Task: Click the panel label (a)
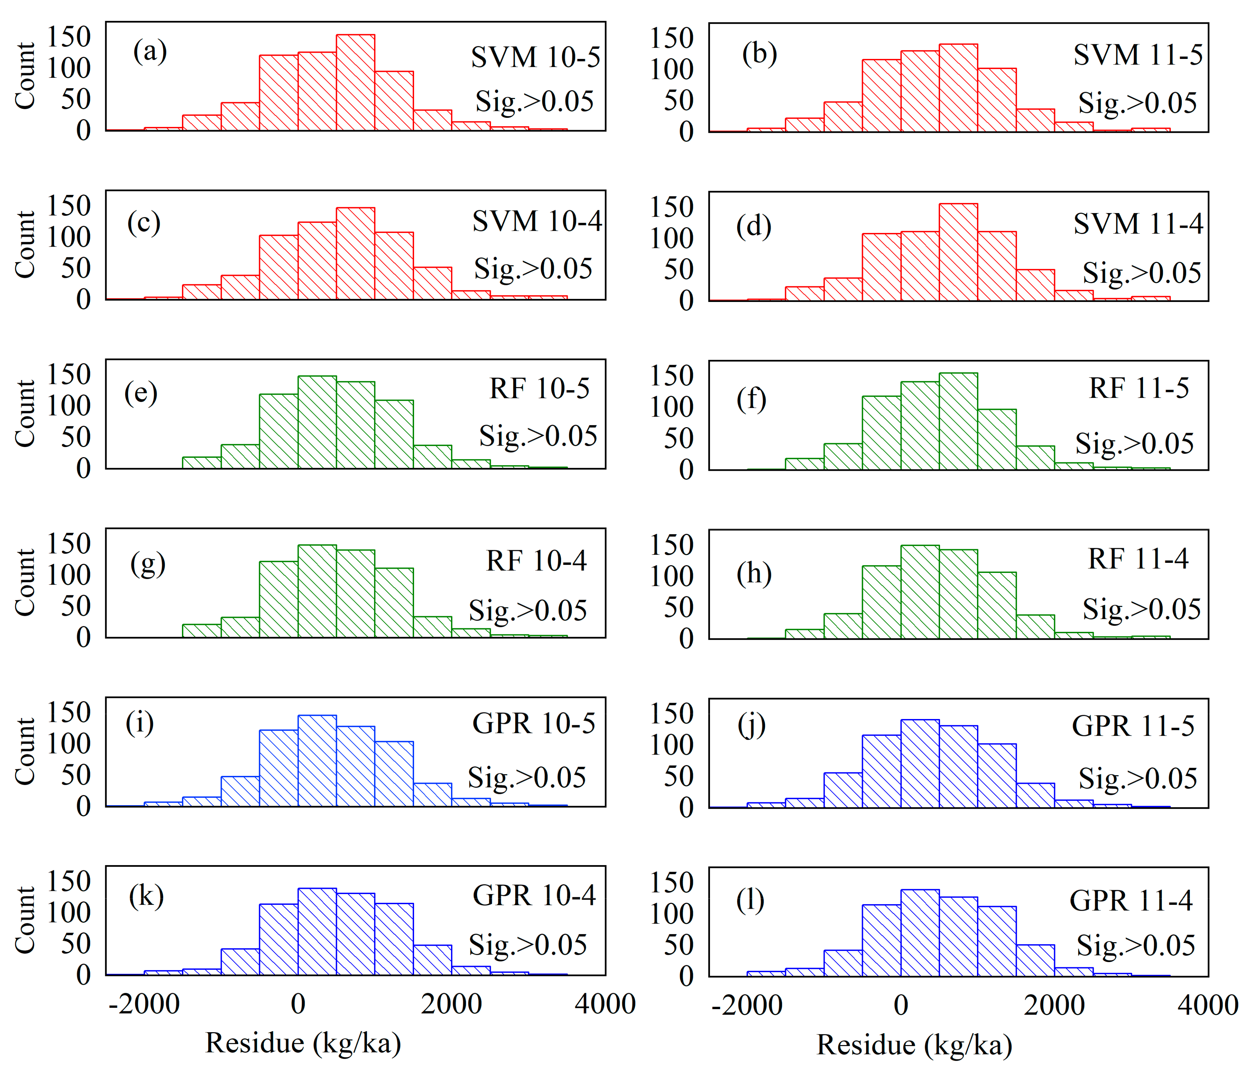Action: pyautogui.click(x=150, y=51)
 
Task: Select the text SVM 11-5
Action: pyautogui.click(x=1137, y=55)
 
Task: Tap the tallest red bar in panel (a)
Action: pyautogui.click(x=355, y=82)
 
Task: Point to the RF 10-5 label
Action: pyautogui.click(x=539, y=388)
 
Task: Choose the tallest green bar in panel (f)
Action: pyautogui.click(x=958, y=421)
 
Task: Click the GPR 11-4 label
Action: pyautogui.click(x=1131, y=901)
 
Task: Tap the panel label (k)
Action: pyautogui.click(x=146, y=896)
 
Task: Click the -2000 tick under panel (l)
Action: pyautogui.click(x=747, y=1006)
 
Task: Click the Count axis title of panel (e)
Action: pyautogui.click(x=25, y=414)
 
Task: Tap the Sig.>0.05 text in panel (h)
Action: pyautogui.click(x=1141, y=609)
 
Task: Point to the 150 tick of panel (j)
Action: pyautogui.click(x=671, y=714)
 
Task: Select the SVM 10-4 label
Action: pyautogui.click(x=536, y=221)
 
